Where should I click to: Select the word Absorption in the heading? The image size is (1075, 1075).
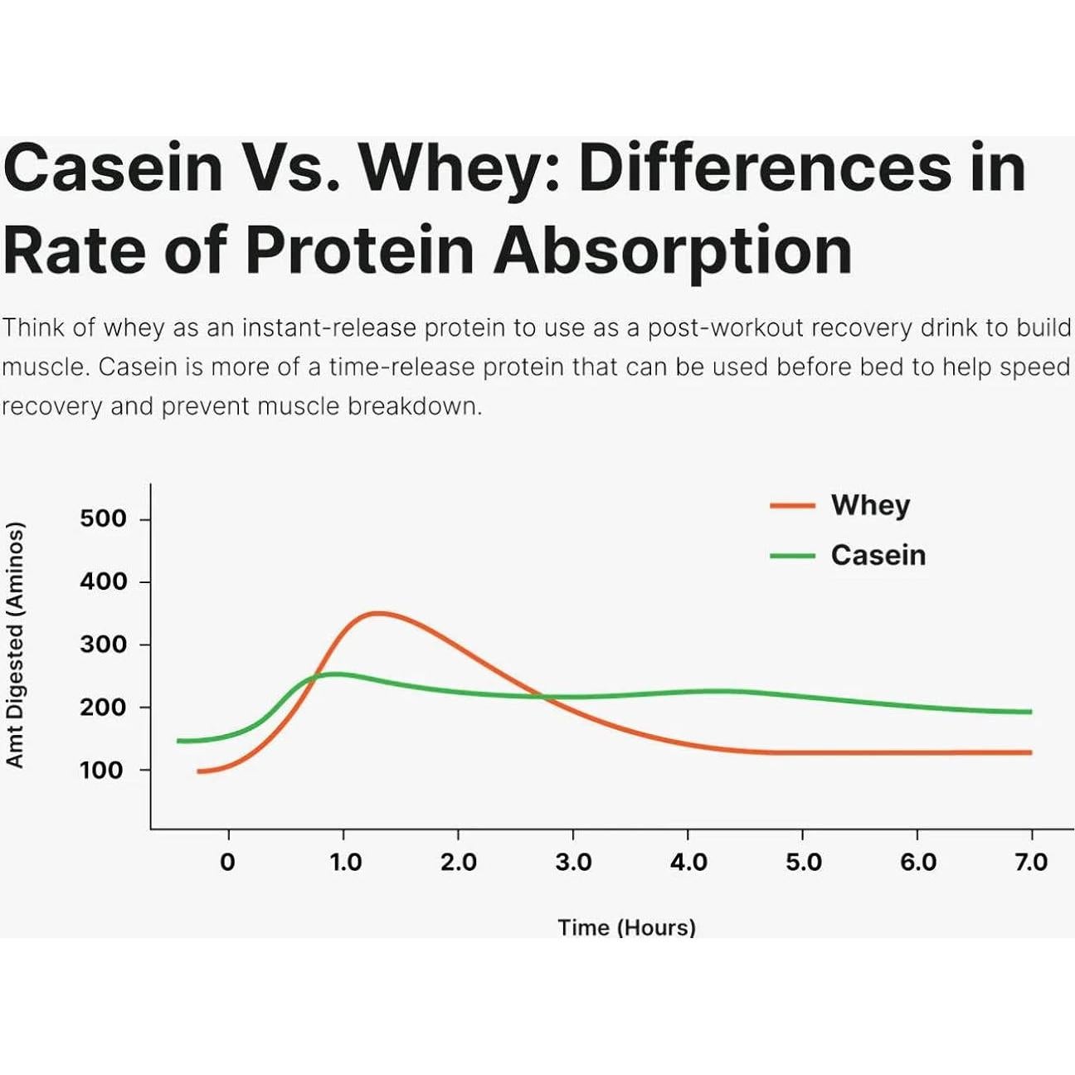[673, 251]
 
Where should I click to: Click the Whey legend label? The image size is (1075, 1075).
[870, 505]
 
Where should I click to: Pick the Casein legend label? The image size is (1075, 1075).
[878, 555]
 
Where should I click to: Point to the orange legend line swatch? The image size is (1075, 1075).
[792, 505]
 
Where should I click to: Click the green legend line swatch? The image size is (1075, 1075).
[792, 555]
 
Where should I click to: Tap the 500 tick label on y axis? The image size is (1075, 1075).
[103, 519]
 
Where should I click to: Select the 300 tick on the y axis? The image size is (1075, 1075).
[103, 645]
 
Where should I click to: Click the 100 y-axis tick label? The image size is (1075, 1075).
[101, 770]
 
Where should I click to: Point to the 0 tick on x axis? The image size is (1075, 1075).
[227, 863]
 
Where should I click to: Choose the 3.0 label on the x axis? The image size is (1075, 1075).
[573, 863]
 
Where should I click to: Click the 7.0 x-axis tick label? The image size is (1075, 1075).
[1031, 863]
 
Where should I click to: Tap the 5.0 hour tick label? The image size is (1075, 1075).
[803, 863]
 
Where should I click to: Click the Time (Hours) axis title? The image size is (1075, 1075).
[626, 927]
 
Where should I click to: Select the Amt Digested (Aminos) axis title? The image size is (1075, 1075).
[15, 645]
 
